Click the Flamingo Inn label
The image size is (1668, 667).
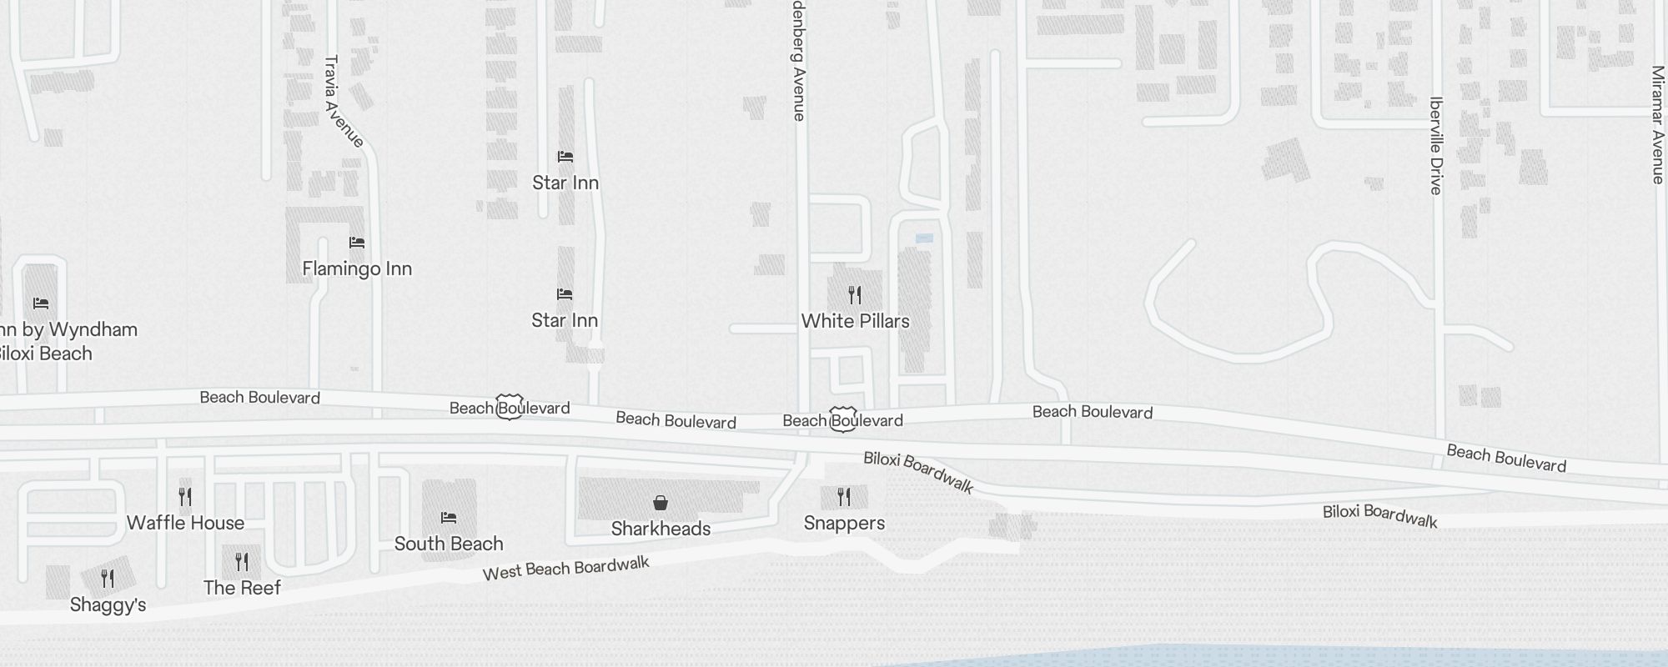(357, 268)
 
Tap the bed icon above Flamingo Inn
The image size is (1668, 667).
(357, 243)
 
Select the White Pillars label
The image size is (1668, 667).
(855, 321)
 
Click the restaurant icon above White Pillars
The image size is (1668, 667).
(855, 294)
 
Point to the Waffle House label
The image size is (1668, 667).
(185, 523)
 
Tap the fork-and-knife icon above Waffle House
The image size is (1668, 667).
(185, 497)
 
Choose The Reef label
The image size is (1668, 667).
(242, 588)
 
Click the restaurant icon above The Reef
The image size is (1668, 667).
(242, 561)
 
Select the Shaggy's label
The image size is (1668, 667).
(108, 604)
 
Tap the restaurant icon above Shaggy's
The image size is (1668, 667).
(108, 578)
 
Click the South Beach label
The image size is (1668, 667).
(449, 544)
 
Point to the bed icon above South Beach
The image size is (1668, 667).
(449, 518)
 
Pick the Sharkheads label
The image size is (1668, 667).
(661, 529)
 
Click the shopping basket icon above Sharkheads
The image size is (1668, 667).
(661, 503)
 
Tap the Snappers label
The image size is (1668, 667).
(844, 523)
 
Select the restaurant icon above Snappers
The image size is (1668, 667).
(844, 497)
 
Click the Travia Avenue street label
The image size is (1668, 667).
(343, 102)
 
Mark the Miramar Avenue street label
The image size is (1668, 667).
(1657, 125)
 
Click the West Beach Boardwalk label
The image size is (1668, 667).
(565, 569)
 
